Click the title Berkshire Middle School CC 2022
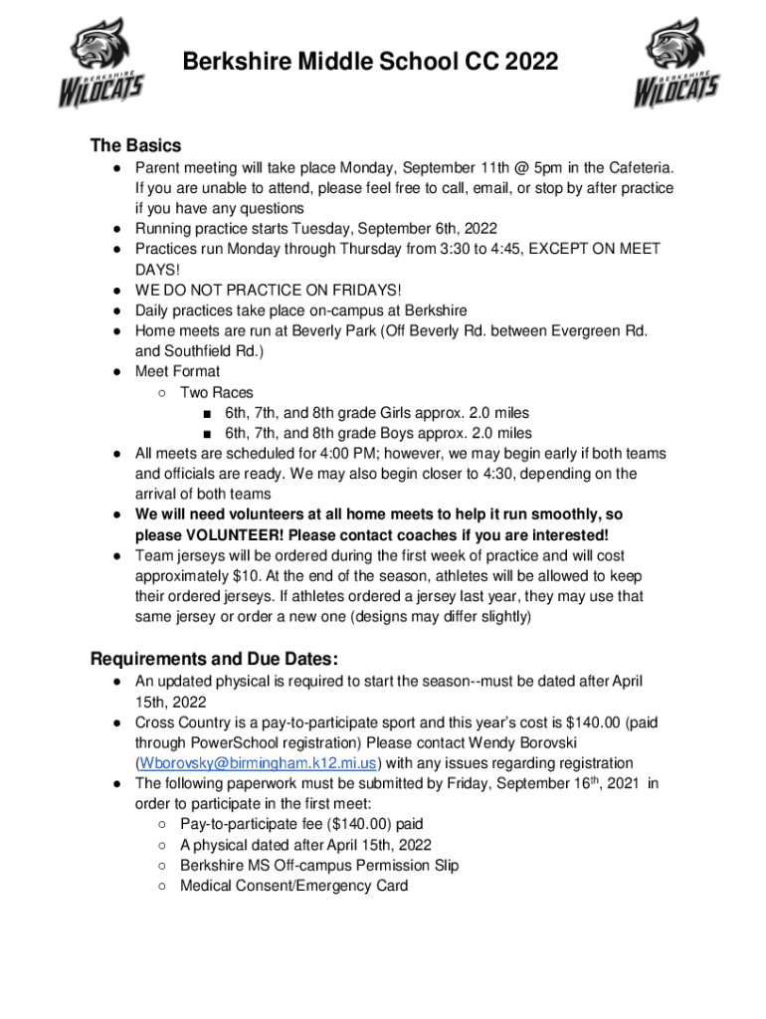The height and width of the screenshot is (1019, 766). [370, 64]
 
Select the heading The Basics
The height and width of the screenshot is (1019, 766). [135, 145]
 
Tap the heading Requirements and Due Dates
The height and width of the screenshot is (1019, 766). [214, 659]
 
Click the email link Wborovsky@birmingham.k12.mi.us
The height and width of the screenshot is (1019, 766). [258, 763]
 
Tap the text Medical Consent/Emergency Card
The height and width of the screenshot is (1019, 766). [293, 886]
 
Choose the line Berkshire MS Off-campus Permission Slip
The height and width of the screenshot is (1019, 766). [319, 865]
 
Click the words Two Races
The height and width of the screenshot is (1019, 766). [216, 392]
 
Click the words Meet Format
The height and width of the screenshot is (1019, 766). [178, 371]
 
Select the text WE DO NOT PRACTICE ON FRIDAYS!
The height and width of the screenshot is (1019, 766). [269, 290]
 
